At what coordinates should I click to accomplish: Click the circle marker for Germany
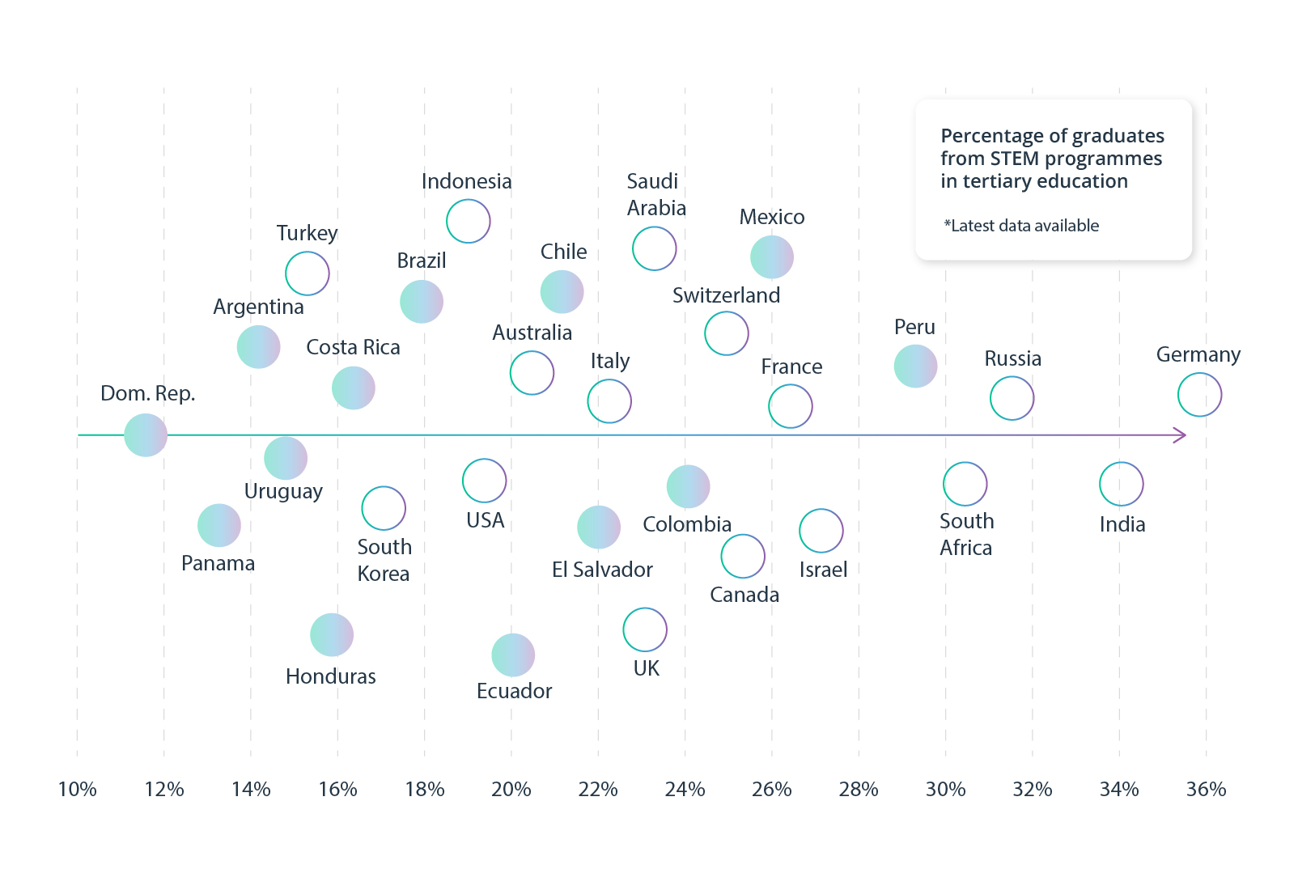pos(1199,395)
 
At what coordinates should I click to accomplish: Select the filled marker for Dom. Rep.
pos(146,435)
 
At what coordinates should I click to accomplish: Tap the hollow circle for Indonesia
pos(469,221)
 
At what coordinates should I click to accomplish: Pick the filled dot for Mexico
pos(772,257)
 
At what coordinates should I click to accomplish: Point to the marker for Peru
pos(915,366)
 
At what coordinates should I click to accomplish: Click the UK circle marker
pos(645,629)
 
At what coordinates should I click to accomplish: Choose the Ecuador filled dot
pos(513,655)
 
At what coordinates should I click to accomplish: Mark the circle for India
pos(1121,484)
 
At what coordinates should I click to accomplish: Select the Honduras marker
pos(332,634)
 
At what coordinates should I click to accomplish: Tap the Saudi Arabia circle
pos(654,248)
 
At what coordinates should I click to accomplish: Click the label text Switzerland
pos(726,295)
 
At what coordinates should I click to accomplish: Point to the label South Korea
pos(384,560)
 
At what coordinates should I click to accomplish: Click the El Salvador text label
pos(602,570)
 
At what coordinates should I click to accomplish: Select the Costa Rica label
pos(353,347)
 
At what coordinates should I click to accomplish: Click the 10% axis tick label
pos(78,789)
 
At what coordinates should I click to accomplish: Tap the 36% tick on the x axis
pos(1206,789)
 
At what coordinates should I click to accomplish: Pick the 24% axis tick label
pos(685,789)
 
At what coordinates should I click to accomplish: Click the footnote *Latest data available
pos(1021,226)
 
